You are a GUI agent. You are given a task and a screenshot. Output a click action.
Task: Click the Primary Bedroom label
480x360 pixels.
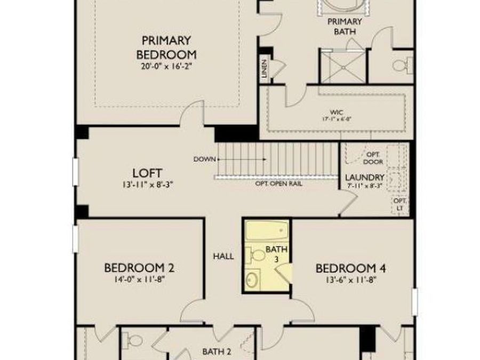(x=166, y=47)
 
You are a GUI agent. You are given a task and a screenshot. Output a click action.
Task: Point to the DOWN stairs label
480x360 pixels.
(x=204, y=159)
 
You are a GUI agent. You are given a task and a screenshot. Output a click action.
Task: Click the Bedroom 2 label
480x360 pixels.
(x=139, y=268)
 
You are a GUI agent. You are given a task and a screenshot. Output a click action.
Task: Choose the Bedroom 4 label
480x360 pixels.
(x=350, y=268)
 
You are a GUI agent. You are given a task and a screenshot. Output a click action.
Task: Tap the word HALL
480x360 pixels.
(x=223, y=257)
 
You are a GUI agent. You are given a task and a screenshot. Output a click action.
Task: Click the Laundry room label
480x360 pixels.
(x=365, y=178)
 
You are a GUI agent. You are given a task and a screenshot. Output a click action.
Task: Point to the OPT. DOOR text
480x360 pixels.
(x=373, y=158)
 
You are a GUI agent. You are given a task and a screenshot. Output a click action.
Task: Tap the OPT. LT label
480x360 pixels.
(x=400, y=204)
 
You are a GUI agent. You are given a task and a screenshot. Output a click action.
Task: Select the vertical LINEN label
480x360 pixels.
(x=265, y=69)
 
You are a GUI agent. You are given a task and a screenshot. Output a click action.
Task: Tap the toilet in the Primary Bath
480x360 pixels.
(x=399, y=66)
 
